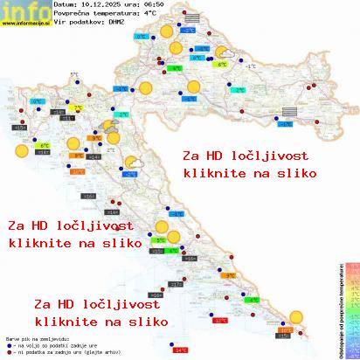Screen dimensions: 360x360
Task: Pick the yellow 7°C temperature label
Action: point(77,108)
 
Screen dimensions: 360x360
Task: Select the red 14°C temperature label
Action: point(181,350)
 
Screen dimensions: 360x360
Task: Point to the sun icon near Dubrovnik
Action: point(302,319)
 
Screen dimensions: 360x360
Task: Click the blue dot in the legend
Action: point(8,343)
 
